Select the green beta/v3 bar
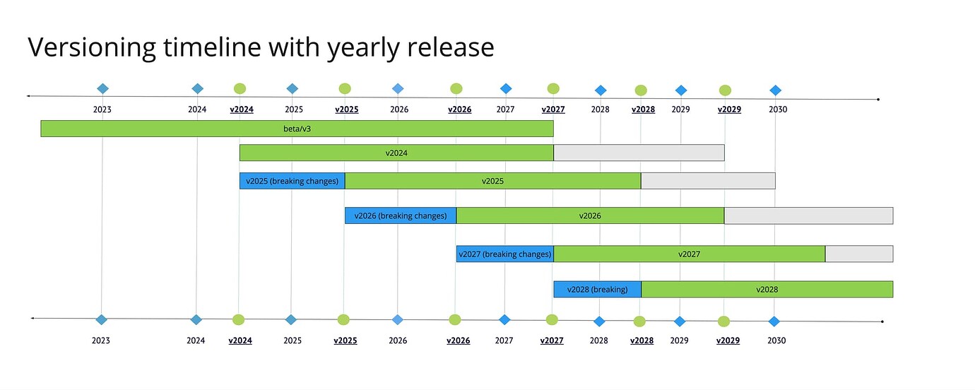coord(297,129)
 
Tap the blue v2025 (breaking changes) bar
coord(292,181)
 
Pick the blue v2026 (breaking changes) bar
coord(400,215)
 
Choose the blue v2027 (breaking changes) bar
coord(504,254)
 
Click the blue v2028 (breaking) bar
coord(597,289)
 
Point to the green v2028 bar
coord(767,289)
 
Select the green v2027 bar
coord(689,254)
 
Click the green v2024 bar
coord(396,153)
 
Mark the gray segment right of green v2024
coord(639,153)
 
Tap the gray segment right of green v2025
coord(708,181)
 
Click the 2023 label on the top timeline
coord(102,110)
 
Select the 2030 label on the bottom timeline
coord(776,341)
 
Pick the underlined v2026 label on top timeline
coord(460,110)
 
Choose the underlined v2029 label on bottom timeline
coord(728,341)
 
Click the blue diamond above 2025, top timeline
coord(292,88)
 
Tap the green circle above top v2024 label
coord(240,88)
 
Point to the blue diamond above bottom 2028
coord(599,321)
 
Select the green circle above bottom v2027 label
coord(552,319)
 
